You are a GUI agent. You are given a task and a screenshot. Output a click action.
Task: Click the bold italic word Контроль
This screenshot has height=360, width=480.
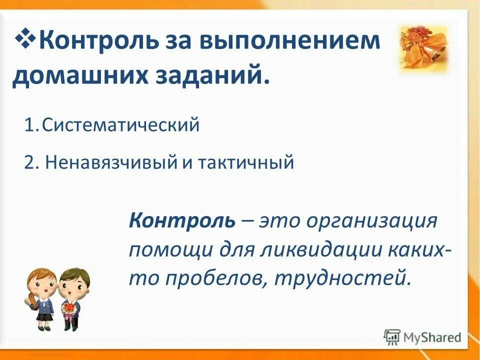click(x=181, y=220)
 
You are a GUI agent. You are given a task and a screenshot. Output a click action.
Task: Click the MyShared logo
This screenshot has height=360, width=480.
click(x=423, y=337)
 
